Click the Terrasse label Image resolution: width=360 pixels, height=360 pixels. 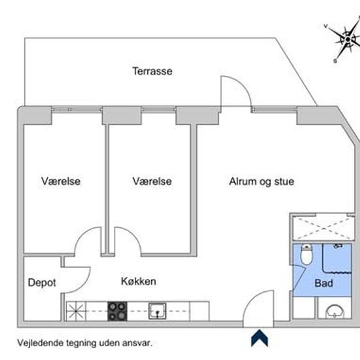pyautogui.click(x=153, y=71)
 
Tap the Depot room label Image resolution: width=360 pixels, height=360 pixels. pyautogui.click(x=42, y=283)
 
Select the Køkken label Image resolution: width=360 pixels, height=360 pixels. pyautogui.click(x=139, y=281)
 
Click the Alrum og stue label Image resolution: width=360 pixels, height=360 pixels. pyautogui.click(x=262, y=181)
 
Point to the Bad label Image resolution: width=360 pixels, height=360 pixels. pyautogui.click(x=324, y=283)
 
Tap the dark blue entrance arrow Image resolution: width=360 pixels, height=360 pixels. pyautogui.click(x=259, y=338)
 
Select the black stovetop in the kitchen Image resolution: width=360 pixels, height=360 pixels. pyautogui.click(x=117, y=311)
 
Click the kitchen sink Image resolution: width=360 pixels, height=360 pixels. pyautogui.click(x=157, y=311)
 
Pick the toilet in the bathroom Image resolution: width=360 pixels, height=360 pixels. pyautogui.click(x=306, y=255)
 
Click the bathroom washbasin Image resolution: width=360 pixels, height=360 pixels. pyautogui.click(x=334, y=312)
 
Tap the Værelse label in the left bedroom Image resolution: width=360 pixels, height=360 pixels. pyautogui.click(x=61, y=181)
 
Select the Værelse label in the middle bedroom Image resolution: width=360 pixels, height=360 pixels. pyautogui.click(x=152, y=181)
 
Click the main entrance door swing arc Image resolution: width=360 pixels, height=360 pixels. pyautogui.click(x=251, y=298)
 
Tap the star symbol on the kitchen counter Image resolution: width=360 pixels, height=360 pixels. pyautogui.click(x=76, y=311)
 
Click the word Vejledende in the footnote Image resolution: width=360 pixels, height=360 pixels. pyautogui.click(x=40, y=343)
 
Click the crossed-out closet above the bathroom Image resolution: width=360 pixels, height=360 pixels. pyautogui.click(x=323, y=228)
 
